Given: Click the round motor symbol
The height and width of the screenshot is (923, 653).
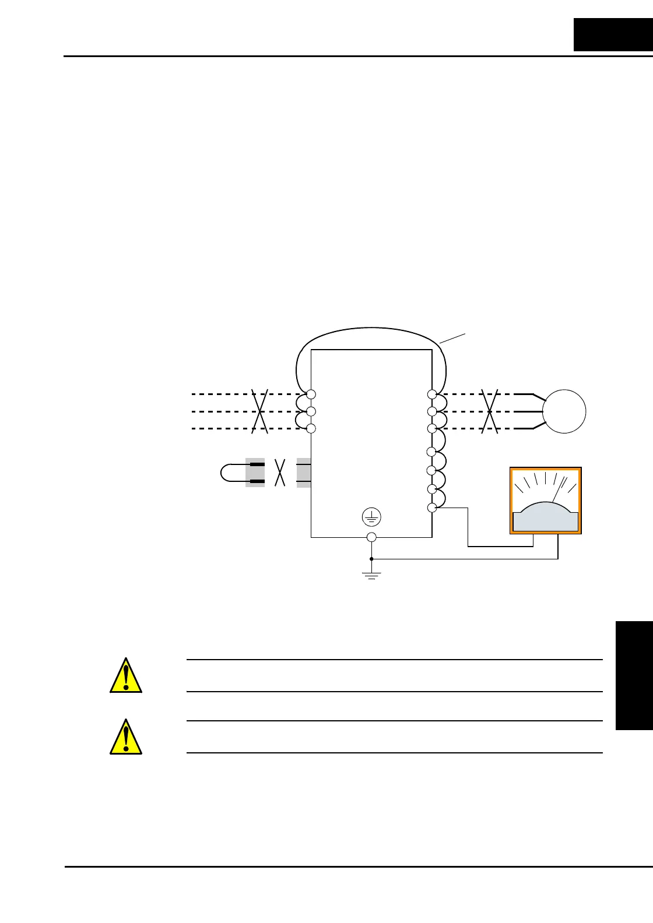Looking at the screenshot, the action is point(564,411).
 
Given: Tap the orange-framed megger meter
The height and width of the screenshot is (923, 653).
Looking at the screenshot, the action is point(546,501).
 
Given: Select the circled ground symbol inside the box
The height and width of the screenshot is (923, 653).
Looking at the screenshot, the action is point(371,516).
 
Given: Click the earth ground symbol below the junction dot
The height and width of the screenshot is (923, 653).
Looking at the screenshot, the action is point(371,575).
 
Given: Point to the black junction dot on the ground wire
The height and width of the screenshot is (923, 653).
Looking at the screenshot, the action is point(371,559).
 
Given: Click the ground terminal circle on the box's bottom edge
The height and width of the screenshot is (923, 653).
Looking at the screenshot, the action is point(371,537).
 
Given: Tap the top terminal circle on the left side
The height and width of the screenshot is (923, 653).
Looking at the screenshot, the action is point(311,394).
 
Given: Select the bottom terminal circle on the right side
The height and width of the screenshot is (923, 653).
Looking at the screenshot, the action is point(432,508).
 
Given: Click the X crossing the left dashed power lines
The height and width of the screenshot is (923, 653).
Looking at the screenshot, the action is point(260,411).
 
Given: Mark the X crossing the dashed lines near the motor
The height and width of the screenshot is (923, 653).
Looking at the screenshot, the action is point(490,411).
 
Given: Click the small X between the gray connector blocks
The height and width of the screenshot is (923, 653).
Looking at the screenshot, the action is point(280,472).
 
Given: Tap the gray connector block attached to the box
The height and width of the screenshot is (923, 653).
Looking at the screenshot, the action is point(303,473).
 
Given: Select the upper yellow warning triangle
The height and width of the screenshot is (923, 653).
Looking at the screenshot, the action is point(126,676).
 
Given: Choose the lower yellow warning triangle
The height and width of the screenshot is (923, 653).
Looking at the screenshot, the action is point(126,737).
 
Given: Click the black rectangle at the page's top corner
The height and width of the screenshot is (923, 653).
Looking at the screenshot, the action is point(613,34).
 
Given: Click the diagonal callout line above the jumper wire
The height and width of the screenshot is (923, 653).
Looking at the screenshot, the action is point(452,338).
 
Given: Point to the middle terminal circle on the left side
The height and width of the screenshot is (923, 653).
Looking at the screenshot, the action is point(311,411).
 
